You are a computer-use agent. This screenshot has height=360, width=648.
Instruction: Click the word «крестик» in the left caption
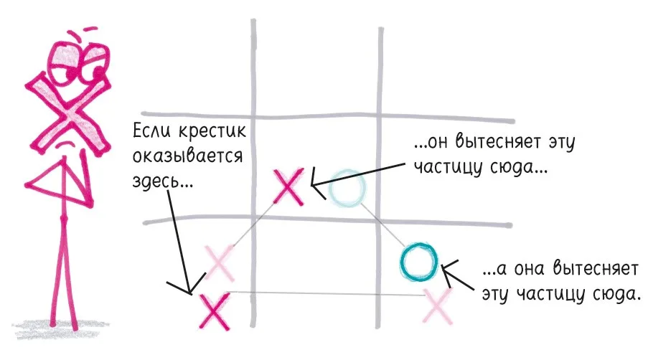pyautogui.click(x=212, y=132)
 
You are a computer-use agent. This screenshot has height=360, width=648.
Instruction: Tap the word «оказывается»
pyautogui.click(x=187, y=157)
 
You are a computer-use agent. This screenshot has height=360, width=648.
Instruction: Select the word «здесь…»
pyautogui.click(x=162, y=181)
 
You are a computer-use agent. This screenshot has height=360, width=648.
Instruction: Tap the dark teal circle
pyautogui.click(x=418, y=262)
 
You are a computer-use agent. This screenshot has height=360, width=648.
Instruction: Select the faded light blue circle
pyautogui.click(x=347, y=189)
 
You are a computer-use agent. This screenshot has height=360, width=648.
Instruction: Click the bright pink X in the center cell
pyautogui.click(x=289, y=186)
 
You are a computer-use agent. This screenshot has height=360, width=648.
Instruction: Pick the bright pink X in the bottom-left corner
pyautogui.click(x=214, y=311)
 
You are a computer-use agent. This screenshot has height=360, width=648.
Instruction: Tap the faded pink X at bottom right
pyautogui.click(x=438, y=306)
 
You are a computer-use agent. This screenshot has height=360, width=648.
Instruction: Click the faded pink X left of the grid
pyautogui.click(x=220, y=262)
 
